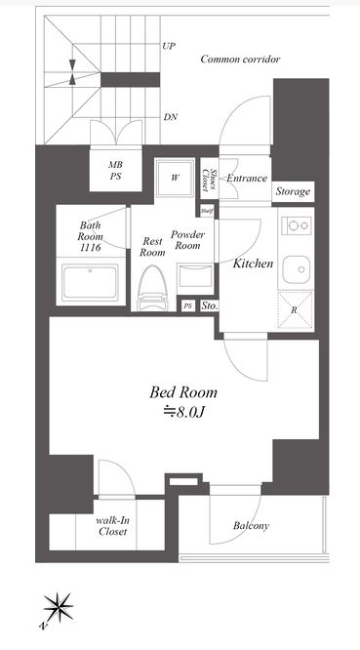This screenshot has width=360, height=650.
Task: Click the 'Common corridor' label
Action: (x=240, y=60)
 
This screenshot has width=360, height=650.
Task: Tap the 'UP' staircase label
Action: (x=169, y=46)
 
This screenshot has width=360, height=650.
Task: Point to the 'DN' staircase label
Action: (x=170, y=118)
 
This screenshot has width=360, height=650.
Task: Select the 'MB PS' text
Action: (x=114, y=172)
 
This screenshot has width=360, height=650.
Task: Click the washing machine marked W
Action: (x=174, y=178)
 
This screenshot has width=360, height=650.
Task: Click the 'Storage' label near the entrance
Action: (x=292, y=192)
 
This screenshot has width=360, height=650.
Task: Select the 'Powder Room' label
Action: (x=186, y=241)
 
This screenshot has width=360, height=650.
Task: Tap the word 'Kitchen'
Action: (x=252, y=264)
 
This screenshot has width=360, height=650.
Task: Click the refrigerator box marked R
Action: (x=295, y=310)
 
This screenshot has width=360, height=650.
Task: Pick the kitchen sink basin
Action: (x=294, y=265)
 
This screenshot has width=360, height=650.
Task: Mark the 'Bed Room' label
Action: (x=182, y=392)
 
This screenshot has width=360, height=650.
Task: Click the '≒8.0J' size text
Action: (x=182, y=412)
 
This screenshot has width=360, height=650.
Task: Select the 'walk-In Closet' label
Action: (x=113, y=527)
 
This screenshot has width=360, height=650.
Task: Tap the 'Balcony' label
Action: (x=251, y=527)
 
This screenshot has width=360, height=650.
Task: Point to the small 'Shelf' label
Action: (x=207, y=210)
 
